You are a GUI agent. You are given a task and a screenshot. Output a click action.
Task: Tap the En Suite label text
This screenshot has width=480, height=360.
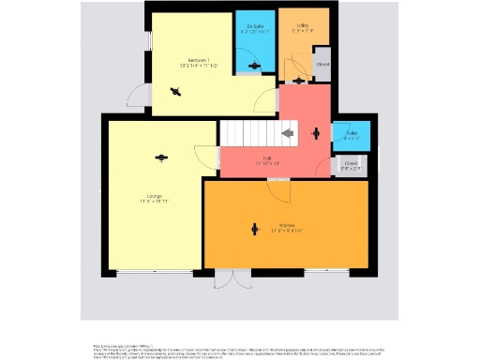(x=254, y=26)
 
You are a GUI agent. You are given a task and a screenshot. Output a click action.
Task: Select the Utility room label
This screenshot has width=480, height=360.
(x=302, y=25)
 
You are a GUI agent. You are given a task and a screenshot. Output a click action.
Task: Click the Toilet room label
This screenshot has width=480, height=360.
(x=352, y=134)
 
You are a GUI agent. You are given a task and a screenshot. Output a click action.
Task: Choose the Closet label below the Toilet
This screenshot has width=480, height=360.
(x=352, y=163)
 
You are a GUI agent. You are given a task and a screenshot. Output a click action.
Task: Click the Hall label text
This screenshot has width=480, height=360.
(x=267, y=157)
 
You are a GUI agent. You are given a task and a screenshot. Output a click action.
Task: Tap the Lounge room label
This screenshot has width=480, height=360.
(x=154, y=195)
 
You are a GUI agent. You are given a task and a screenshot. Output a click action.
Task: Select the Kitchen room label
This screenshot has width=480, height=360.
(x=287, y=225)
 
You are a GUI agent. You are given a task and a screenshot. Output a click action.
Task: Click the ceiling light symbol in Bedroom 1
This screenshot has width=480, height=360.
(x=174, y=91)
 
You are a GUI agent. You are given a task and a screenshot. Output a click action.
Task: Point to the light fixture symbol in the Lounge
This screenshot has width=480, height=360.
(x=161, y=157)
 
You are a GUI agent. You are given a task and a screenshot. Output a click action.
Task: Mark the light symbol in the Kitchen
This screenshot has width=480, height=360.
(x=254, y=226)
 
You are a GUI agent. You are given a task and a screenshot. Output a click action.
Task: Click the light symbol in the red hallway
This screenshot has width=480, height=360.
(x=315, y=133)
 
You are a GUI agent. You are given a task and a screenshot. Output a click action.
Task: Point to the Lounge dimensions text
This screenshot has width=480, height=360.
(x=154, y=202)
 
